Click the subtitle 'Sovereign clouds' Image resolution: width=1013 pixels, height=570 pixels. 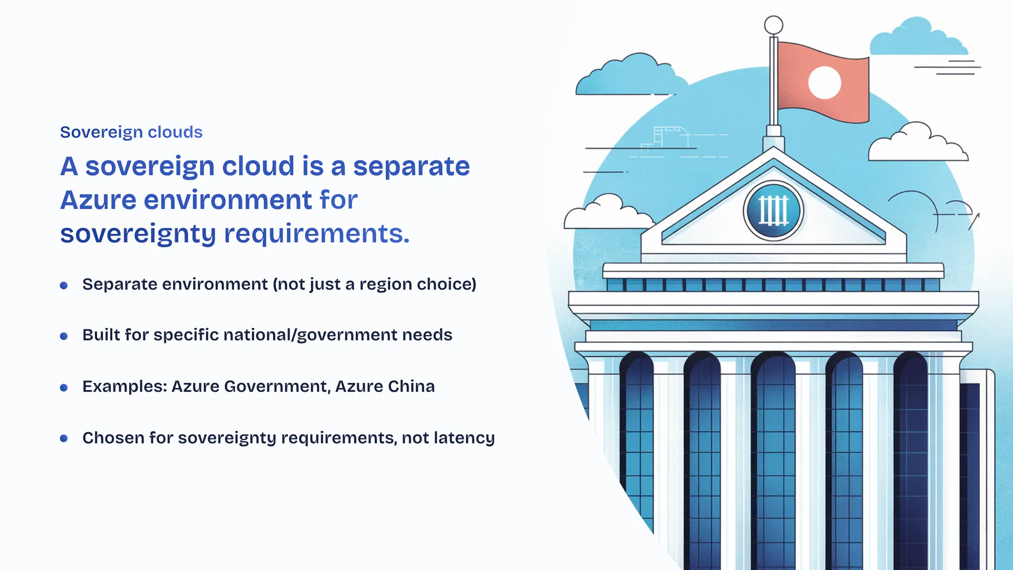tap(131, 132)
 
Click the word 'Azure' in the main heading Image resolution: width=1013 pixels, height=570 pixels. tap(99, 200)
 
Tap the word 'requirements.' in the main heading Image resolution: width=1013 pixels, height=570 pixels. tap(317, 234)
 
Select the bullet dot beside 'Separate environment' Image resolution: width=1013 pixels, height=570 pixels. tap(64, 286)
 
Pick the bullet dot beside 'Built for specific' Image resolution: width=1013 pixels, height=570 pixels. tap(64, 336)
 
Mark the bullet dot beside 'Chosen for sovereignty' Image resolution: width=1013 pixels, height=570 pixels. tap(64, 439)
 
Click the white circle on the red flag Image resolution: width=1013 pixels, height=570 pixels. tap(825, 83)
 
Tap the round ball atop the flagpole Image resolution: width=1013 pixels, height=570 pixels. tap(773, 25)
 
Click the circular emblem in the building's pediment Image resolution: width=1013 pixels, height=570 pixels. tap(773, 211)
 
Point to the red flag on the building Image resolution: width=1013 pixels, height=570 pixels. tap(823, 82)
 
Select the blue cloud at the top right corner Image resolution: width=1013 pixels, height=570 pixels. tap(919, 37)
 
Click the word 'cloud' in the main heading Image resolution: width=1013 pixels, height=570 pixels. tap(258, 166)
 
